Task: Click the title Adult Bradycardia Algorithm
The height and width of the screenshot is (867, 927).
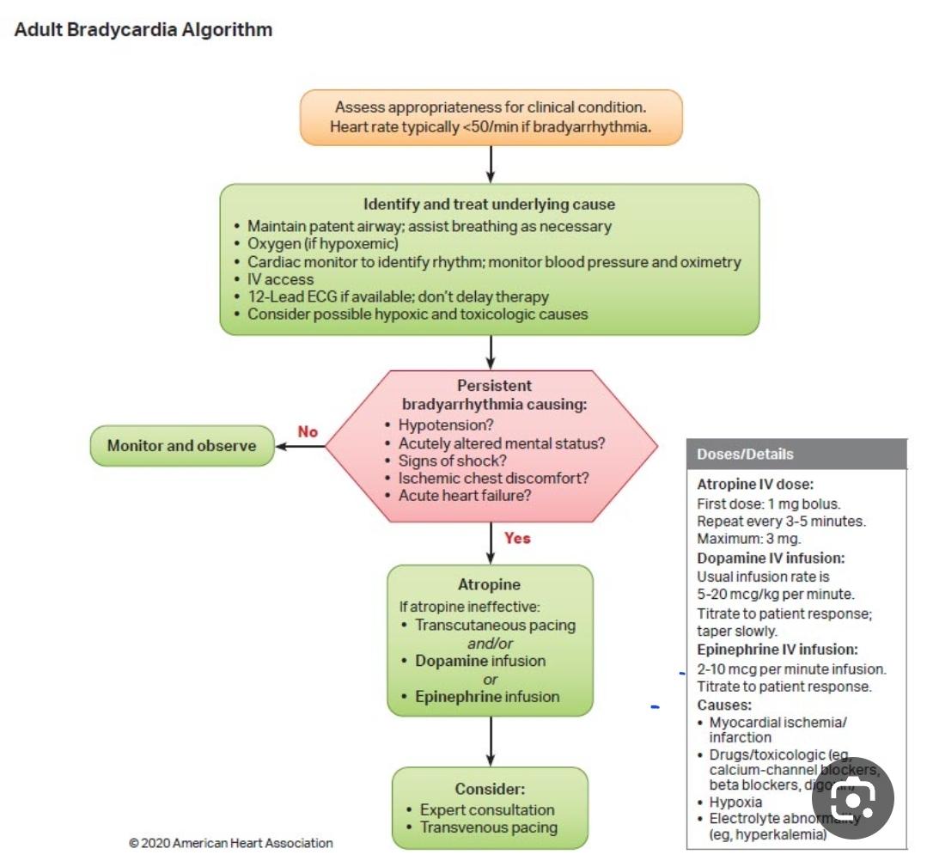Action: (x=143, y=30)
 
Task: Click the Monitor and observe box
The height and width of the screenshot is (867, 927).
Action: (x=181, y=446)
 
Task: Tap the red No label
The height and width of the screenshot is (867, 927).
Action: (x=308, y=431)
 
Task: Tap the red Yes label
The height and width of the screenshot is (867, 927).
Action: (x=517, y=538)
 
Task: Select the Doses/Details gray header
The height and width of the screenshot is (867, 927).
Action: (x=796, y=454)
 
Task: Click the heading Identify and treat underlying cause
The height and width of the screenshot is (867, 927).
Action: (x=489, y=205)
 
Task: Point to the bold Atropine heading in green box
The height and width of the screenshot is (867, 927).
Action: (x=489, y=584)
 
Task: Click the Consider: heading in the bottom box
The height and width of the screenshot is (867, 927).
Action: (x=490, y=789)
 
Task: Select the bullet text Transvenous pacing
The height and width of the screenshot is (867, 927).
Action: (x=488, y=827)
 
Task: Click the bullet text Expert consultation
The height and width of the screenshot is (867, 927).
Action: (x=486, y=809)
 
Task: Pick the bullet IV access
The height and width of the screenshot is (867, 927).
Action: (x=280, y=279)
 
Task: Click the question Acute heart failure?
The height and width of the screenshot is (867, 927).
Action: (x=464, y=496)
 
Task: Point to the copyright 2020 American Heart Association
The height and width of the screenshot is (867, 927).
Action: (x=230, y=843)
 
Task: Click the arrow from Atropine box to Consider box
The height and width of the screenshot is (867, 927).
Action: (x=491, y=741)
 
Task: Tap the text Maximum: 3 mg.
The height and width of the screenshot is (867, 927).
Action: (x=748, y=539)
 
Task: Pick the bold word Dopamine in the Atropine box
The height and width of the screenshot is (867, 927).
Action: (x=452, y=661)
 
